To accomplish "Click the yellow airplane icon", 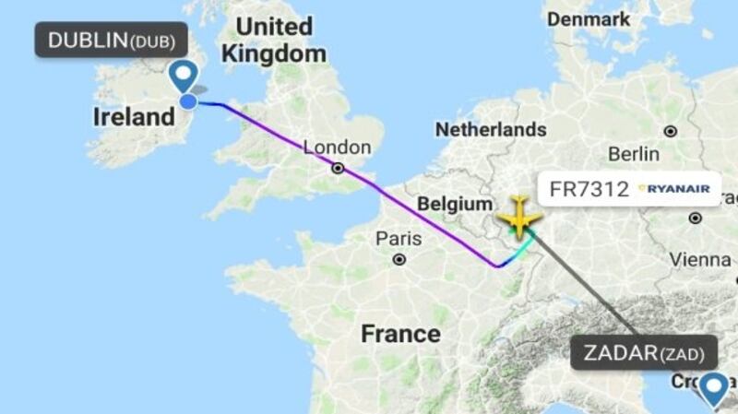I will [x=519, y=218].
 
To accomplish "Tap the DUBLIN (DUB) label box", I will [x=111, y=41].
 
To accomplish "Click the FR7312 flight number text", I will [x=588, y=190].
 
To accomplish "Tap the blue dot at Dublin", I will [x=187, y=101].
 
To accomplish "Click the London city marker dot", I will [x=339, y=168].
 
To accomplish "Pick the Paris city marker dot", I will [x=399, y=259].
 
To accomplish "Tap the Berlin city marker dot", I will [x=670, y=132].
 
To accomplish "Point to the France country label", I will [x=400, y=333].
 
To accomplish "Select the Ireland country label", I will [x=134, y=117].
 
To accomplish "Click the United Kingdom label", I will [x=276, y=40].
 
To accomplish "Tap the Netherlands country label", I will [x=491, y=129].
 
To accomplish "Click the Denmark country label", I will [x=588, y=18].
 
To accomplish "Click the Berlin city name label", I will [x=634, y=153].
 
